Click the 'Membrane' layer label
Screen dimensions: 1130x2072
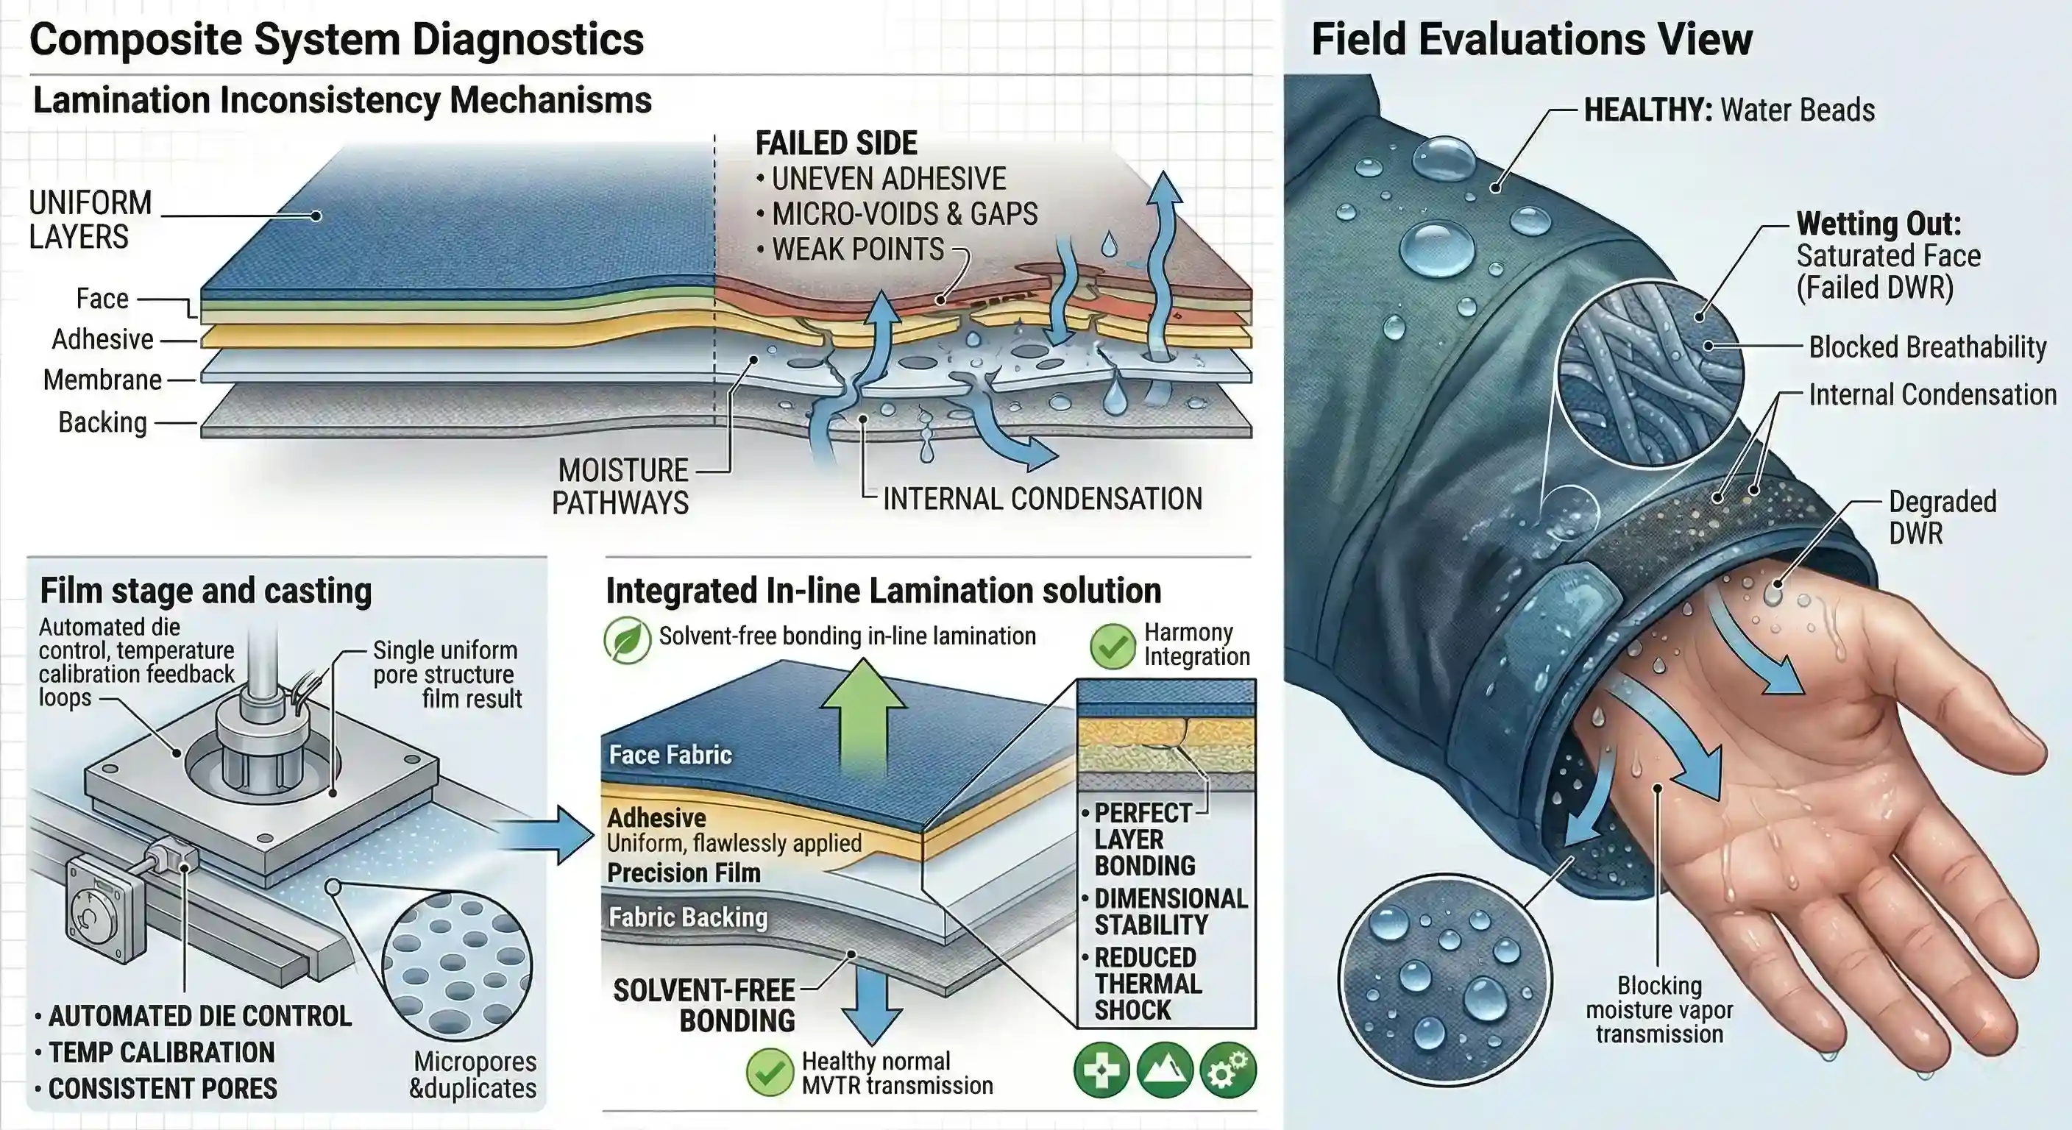pos(102,380)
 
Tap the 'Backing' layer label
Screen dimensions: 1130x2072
pos(102,422)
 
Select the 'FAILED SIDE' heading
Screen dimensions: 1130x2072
pos(836,143)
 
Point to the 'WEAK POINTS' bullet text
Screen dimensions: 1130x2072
pos(857,249)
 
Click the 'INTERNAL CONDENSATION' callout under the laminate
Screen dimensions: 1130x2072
pos(1042,499)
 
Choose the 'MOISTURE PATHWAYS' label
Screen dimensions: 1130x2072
pos(620,486)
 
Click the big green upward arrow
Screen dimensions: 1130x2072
pos(863,716)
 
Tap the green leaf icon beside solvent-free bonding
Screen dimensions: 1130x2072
pos(627,640)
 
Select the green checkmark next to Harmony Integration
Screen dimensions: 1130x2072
pos(1113,646)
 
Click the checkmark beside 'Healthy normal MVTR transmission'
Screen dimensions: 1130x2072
pos(770,1072)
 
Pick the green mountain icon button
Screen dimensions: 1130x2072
pos(1164,1070)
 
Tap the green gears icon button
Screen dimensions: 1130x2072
pos(1227,1070)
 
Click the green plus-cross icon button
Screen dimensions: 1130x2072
pos(1101,1070)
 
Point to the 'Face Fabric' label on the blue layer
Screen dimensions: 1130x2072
pos(670,754)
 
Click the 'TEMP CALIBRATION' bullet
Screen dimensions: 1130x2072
pos(161,1052)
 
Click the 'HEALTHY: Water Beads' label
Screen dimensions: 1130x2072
pos(1728,110)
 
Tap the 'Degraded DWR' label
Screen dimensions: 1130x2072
pos(1942,517)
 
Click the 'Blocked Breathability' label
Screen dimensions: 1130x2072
pos(1927,347)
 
